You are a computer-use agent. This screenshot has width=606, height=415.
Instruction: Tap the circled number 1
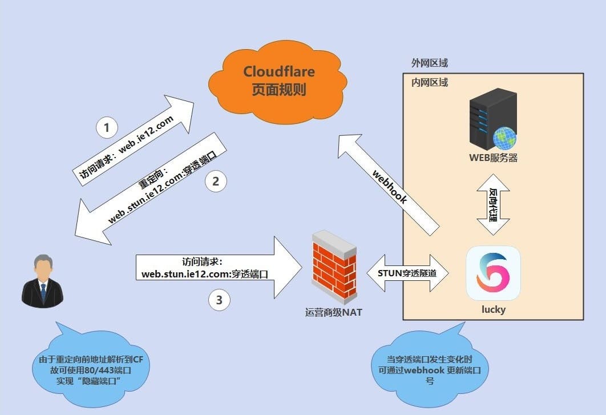click(107, 128)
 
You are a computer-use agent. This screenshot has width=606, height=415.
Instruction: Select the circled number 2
click(216, 182)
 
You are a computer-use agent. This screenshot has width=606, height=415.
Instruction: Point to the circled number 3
click(220, 300)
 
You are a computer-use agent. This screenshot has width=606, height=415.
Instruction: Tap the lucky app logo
click(493, 273)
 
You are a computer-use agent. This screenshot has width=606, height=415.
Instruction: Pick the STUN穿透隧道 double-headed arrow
click(407, 273)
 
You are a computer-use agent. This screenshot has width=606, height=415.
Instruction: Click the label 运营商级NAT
click(334, 312)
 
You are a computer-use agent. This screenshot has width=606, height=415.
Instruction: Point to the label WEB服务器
click(494, 158)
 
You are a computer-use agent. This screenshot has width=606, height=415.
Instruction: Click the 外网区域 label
click(429, 63)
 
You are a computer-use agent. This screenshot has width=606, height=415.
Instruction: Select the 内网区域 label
click(429, 83)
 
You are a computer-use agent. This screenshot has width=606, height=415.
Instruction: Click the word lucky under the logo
click(494, 309)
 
